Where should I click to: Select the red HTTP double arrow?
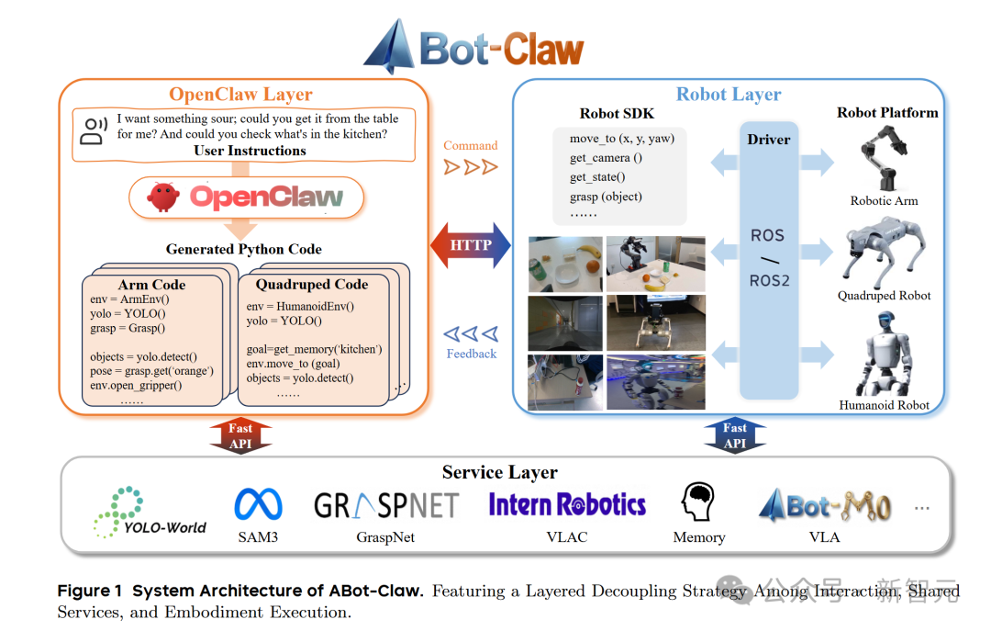pos(471,245)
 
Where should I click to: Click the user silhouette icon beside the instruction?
pos(93,131)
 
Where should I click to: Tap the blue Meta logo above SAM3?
pos(258,504)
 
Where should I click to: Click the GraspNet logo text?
pos(385,506)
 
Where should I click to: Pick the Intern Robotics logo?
pos(567,504)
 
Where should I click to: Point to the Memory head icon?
pos(698,502)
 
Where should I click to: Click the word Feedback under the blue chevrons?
pos(472,354)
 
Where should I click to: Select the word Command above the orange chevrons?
pos(471,145)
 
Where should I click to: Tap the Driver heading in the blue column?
pos(769,140)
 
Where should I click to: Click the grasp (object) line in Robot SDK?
pos(606,197)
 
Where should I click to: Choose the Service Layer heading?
pos(500,472)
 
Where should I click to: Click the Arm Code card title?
pos(152,285)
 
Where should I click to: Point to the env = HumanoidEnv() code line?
pos(300,306)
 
